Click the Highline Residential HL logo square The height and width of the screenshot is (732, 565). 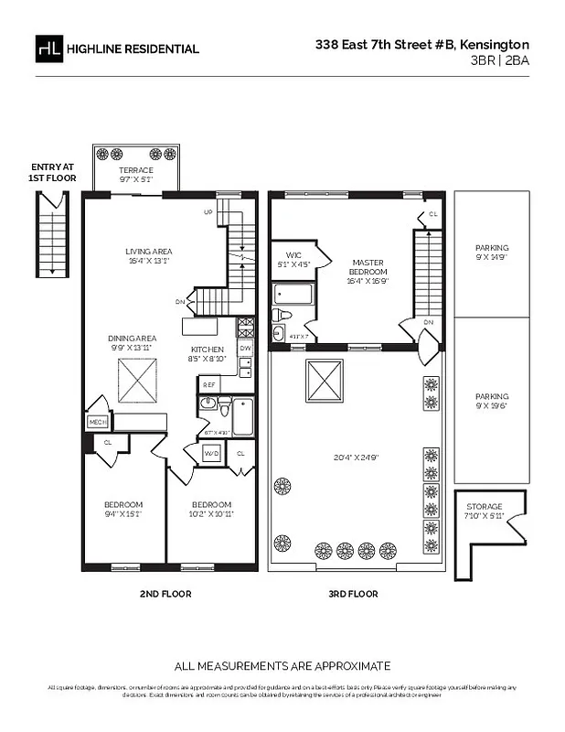48,48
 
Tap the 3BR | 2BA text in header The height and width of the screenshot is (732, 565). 499,60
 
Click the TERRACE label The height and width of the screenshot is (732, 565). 136,170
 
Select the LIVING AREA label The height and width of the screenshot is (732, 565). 148,252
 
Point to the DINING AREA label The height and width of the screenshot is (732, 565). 133,338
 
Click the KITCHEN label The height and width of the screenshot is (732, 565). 208,350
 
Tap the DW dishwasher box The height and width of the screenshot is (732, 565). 244,349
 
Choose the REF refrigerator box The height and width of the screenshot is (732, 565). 208,385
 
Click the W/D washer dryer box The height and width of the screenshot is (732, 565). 210,453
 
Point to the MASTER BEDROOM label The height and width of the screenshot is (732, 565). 368,267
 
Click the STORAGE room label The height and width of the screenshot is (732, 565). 484,506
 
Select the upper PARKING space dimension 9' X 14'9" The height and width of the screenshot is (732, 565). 492,258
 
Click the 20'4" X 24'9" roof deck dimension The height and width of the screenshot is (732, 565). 356,457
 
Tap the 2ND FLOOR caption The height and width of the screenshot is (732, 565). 165,594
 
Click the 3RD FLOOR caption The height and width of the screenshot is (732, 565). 353,594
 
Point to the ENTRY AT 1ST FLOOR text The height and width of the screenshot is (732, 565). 53,172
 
